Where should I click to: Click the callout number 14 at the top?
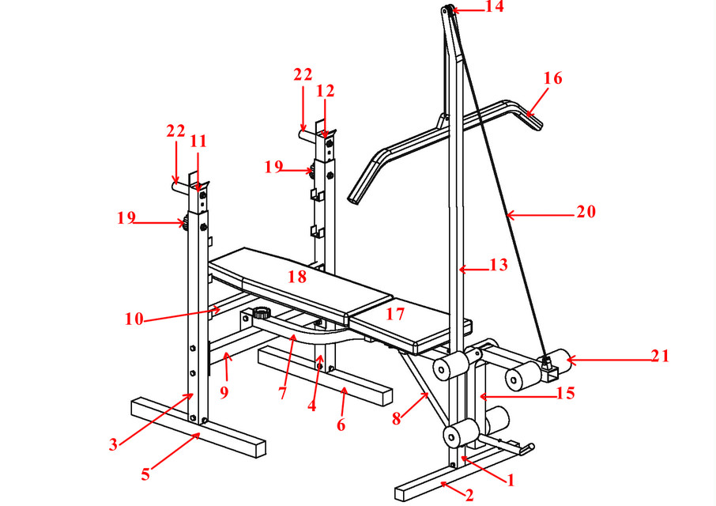click(494, 8)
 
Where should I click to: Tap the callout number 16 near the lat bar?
click(552, 78)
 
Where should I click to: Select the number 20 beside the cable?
click(586, 212)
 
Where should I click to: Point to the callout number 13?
click(498, 266)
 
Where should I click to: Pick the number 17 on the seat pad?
click(395, 314)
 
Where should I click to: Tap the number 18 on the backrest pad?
click(296, 277)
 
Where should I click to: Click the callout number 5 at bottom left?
click(145, 475)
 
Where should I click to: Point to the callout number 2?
click(469, 496)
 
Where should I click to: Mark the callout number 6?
click(341, 425)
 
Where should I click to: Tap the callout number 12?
click(325, 91)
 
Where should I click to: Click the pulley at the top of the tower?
click(447, 10)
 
